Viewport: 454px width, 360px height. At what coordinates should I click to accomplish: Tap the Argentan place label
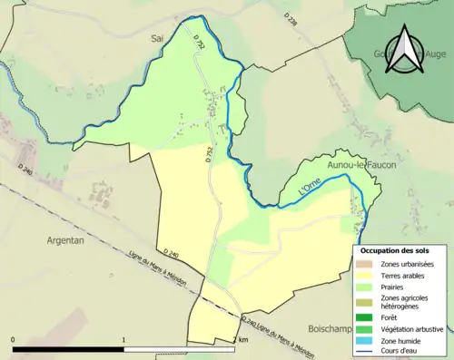tap(65, 240)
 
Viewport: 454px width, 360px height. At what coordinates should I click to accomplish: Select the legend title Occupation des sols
tap(395, 249)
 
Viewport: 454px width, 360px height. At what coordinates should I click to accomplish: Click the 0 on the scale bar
tap(14, 340)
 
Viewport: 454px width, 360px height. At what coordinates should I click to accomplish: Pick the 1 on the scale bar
tap(123, 340)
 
